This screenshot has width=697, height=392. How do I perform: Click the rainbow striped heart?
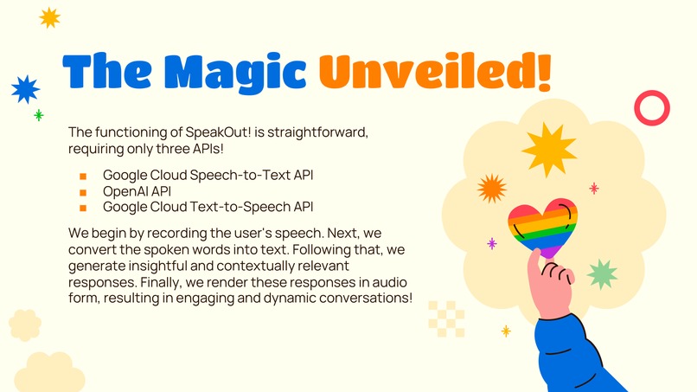point(542,226)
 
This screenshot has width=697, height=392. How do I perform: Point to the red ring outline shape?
point(652,108)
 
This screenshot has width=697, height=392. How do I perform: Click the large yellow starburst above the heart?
point(549,149)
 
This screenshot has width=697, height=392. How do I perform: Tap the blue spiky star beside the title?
point(25,88)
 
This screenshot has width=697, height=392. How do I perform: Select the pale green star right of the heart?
point(602,273)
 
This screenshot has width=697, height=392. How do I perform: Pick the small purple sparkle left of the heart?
point(492,243)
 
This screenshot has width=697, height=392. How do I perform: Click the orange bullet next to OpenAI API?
point(84,191)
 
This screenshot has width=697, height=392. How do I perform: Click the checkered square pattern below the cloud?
point(446,318)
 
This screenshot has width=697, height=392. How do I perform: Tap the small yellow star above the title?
point(50,16)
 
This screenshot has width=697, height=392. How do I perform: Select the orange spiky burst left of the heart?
point(491,188)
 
